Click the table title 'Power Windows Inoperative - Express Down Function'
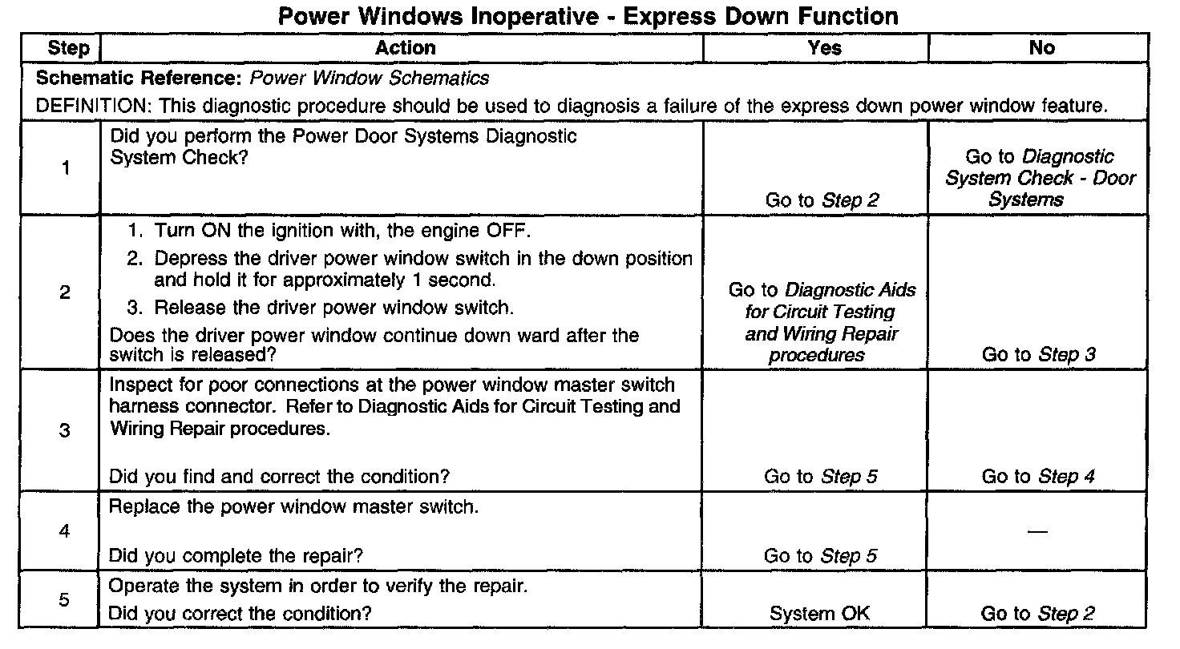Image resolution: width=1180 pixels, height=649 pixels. [x=588, y=16]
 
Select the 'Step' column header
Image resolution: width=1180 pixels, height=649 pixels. [x=69, y=48]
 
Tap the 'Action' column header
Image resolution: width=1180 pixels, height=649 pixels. [x=406, y=48]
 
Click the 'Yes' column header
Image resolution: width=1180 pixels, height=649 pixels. [x=825, y=48]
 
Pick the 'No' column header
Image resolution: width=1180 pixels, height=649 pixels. [x=1041, y=48]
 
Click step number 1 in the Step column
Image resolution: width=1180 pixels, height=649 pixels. [x=65, y=168]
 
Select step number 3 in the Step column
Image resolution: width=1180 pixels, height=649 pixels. [x=65, y=431]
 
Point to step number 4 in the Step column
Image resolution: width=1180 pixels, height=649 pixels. [x=65, y=531]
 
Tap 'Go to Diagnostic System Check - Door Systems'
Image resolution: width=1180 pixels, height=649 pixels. [x=1040, y=178]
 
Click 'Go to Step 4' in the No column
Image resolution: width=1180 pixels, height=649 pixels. [x=1038, y=477]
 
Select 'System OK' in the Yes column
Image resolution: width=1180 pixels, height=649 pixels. [x=819, y=614]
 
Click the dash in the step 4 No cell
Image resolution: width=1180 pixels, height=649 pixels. [x=1037, y=532]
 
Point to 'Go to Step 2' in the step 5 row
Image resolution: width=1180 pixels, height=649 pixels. [x=1038, y=614]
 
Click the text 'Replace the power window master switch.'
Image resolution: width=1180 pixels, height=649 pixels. [x=293, y=508]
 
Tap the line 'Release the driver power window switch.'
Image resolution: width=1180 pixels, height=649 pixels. [x=333, y=308]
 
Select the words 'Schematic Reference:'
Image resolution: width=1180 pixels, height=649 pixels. [x=140, y=79]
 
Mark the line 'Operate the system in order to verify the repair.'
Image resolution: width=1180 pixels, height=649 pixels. [x=318, y=586]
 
